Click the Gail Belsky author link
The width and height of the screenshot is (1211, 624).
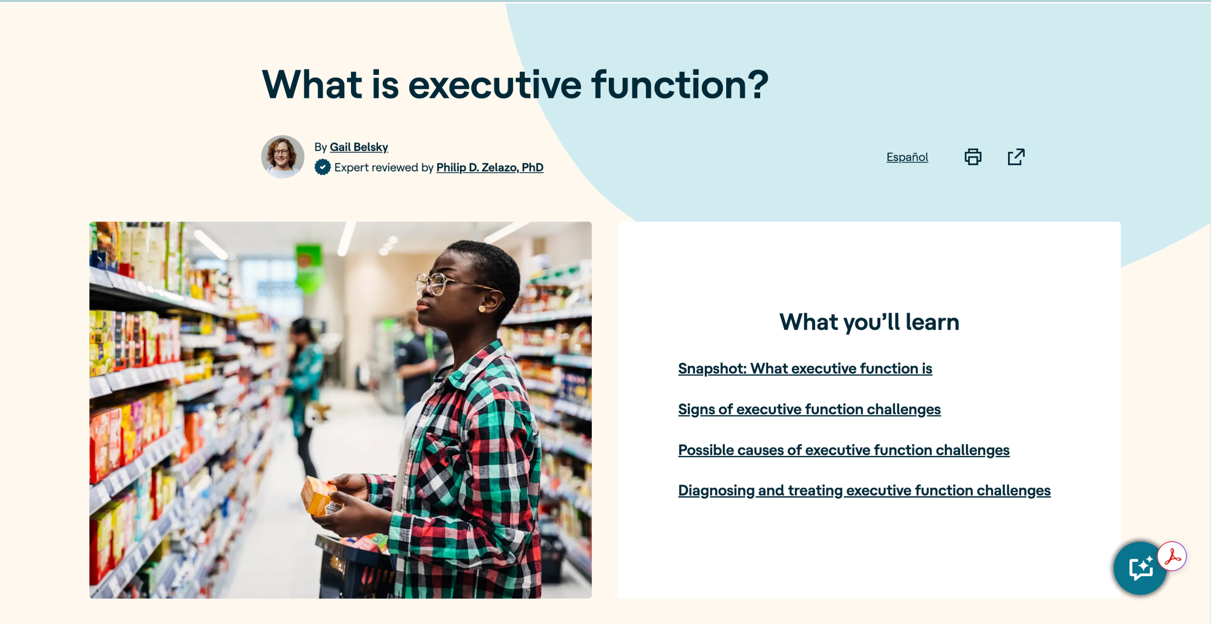tap(359, 147)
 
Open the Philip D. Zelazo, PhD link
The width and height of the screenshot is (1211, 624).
tap(490, 168)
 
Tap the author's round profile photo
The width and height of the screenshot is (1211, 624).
tap(282, 157)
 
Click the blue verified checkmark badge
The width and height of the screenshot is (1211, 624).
tap(323, 167)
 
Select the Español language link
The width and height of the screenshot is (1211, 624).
tap(907, 157)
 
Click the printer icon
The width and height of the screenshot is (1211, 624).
tap(973, 157)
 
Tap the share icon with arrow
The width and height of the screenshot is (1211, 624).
tap(1016, 157)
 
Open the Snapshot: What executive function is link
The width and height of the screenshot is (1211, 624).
tap(805, 368)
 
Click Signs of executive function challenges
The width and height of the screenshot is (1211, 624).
tap(809, 409)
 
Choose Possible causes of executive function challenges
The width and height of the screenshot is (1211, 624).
tap(843, 450)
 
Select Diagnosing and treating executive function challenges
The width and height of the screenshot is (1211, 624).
tap(864, 490)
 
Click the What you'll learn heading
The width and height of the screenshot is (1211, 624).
tap(869, 322)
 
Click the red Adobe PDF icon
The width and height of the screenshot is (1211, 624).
tap(1172, 556)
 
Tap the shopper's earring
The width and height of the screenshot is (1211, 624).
tap(482, 309)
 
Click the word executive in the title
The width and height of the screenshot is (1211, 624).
tap(495, 85)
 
